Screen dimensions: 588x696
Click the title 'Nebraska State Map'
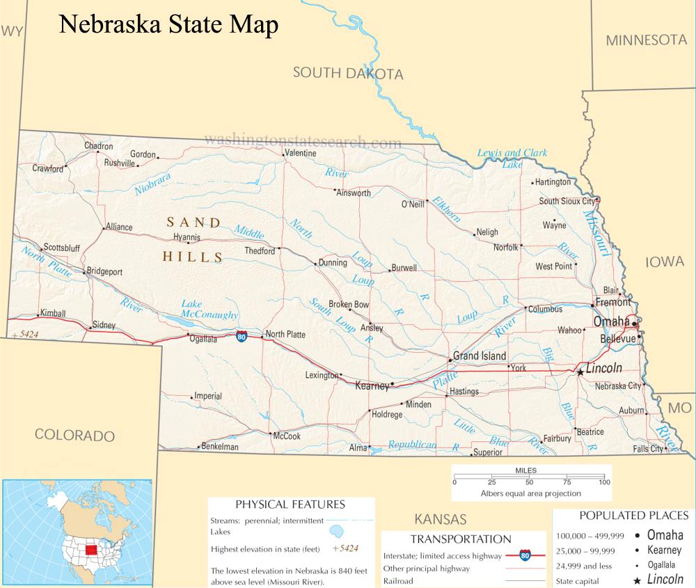168,24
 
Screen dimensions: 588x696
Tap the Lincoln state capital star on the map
579,372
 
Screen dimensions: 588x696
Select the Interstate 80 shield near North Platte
241,337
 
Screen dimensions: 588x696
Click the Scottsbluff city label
61,247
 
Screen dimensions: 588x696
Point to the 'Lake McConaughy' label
209,309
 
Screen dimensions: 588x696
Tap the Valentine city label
300,152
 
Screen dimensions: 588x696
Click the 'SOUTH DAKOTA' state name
347,73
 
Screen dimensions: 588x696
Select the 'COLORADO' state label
74,436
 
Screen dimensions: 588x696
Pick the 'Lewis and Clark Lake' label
512,158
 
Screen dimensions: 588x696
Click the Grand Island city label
480,356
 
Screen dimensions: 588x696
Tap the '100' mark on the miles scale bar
604,482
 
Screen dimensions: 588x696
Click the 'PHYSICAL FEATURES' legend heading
290,504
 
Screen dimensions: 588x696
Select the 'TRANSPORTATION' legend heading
461,539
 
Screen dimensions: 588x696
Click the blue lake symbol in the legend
337,532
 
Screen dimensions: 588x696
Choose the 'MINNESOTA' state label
646,40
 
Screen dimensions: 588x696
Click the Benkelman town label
219,447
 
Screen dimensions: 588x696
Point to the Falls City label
648,449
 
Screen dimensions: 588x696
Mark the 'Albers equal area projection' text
531,493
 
